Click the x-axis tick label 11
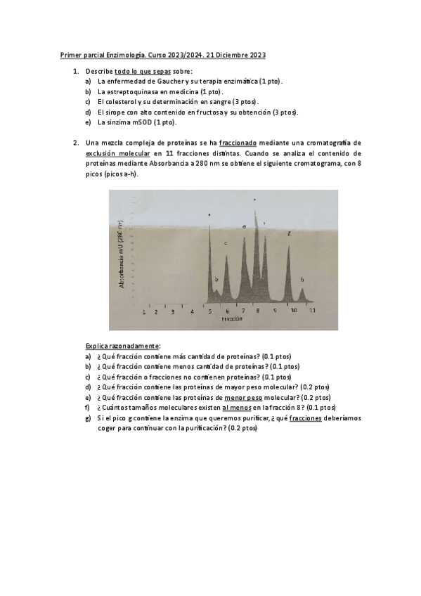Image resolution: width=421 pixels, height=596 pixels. pos(312,309)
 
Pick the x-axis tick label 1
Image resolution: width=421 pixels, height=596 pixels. pos(144,311)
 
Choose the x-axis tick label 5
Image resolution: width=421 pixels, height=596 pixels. pos(209,310)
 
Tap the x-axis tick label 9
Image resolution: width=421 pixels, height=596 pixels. pos(276,309)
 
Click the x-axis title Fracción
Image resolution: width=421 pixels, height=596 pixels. pos(232,318)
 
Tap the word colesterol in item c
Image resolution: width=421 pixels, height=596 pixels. pos(121,102)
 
